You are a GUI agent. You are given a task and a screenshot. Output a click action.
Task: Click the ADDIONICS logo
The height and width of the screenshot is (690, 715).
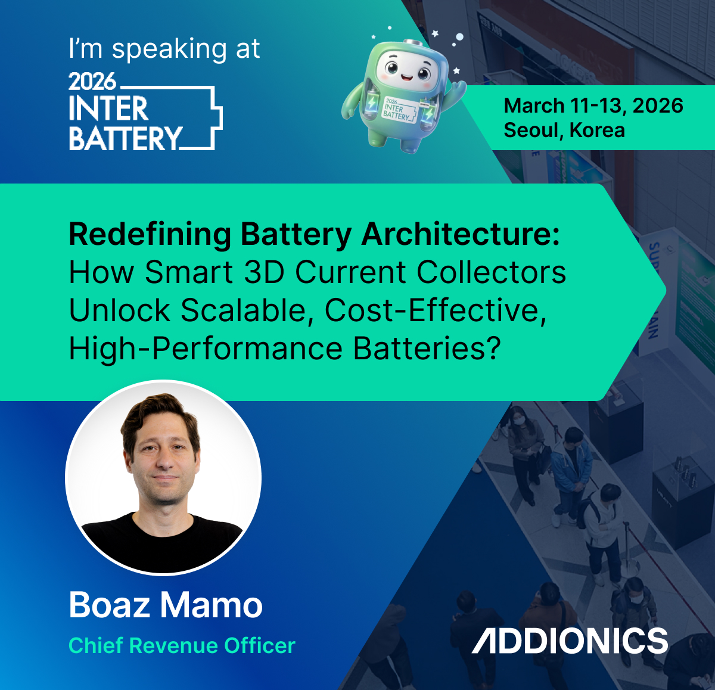[x=570, y=641]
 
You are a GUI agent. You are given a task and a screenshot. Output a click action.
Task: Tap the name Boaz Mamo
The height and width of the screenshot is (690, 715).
[x=166, y=605]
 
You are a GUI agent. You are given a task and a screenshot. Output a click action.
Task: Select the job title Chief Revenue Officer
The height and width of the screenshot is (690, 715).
[x=182, y=645]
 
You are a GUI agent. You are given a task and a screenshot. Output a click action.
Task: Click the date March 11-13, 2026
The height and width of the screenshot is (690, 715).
[x=593, y=105]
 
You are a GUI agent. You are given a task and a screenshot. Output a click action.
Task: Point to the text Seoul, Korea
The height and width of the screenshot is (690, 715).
[x=564, y=130]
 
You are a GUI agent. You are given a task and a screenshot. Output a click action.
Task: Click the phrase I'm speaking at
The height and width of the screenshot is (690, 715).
[x=164, y=49]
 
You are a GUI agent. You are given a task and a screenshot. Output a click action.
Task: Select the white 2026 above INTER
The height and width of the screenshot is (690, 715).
[x=92, y=80]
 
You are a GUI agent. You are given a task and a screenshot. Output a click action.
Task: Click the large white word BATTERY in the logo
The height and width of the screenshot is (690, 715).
[x=125, y=138]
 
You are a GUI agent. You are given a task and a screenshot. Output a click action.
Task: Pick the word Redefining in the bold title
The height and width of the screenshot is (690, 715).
[x=150, y=234]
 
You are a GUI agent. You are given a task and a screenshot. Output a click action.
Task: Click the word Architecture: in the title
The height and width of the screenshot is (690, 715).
[x=461, y=234]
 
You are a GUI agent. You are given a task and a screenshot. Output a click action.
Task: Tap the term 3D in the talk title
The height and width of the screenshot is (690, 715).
[x=264, y=272]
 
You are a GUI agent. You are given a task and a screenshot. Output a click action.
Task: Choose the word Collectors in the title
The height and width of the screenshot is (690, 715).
[x=491, y=272]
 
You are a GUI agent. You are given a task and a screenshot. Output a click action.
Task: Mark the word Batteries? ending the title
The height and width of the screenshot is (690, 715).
[x=427, y=349]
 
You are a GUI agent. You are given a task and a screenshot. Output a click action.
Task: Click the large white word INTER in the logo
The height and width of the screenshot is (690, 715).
[x=108, y=109]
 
